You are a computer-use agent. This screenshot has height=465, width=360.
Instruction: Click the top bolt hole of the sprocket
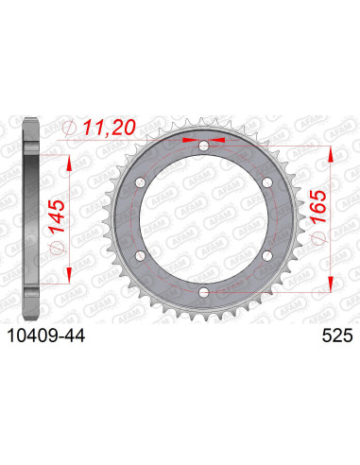tap(204, 146)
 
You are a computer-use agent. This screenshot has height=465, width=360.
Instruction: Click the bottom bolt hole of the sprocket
tap(204, 293)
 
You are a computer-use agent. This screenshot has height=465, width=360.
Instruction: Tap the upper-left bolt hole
tap(141, 182)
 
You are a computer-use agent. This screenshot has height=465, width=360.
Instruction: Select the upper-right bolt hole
tap(267, 182)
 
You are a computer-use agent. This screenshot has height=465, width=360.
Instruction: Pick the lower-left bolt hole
tap(141, 256)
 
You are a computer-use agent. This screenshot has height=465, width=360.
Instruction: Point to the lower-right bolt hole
tap(267, 256)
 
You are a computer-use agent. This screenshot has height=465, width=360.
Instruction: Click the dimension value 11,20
tap(109, 128)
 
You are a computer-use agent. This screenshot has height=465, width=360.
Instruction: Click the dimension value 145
tap(57, 216)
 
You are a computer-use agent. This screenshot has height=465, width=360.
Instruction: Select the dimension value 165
tap(318, 207)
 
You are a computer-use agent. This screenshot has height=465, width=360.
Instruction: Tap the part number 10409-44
tap(46, 336)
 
